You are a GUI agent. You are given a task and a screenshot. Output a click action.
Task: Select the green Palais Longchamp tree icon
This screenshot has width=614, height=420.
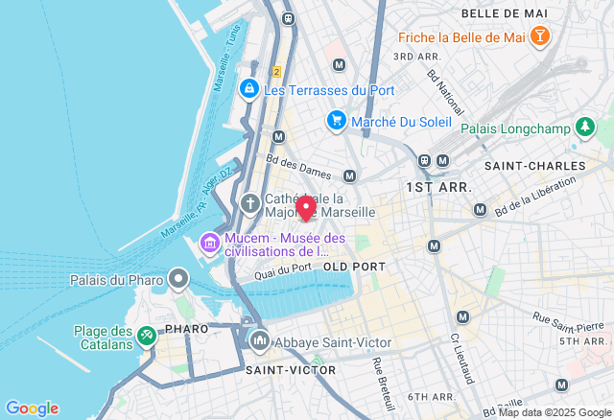[x=585, y=128]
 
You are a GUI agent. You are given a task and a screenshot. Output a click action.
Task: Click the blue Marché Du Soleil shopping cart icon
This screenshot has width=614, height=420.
[x=336, y=121]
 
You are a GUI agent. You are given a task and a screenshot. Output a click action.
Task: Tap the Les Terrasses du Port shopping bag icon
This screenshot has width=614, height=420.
[x=248, y=89]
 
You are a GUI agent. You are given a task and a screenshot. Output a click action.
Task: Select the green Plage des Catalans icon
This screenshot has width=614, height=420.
[x=146, y=336]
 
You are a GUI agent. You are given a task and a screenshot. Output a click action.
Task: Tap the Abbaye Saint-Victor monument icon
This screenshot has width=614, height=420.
[x=260, y=341]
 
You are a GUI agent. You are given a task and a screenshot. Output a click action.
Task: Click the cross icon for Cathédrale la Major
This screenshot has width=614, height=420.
[x=250, y=204]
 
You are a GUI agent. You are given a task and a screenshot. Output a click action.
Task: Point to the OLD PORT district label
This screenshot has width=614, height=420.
[x=354, y=266]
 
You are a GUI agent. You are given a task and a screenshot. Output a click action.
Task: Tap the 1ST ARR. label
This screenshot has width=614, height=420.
[x=435, y=186]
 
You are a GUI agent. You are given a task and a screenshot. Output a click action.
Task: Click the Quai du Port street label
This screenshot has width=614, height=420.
[x=283, y=271]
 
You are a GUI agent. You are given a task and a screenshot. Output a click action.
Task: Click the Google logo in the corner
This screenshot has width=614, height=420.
[x=32, y=408]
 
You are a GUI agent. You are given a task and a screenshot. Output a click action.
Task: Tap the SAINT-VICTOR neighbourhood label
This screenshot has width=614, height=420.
[x=291, y=369]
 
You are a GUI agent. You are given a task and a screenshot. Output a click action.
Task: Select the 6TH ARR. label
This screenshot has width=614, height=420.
[x=430, y=396]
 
